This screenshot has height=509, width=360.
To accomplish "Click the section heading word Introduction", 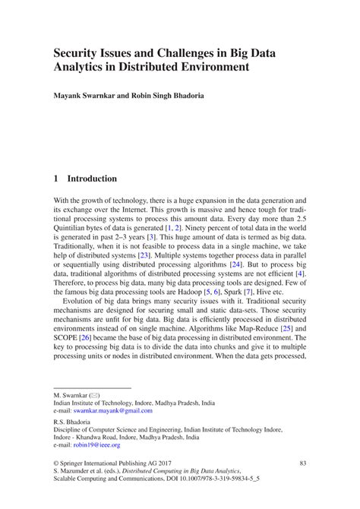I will click(x=92, y=179).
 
